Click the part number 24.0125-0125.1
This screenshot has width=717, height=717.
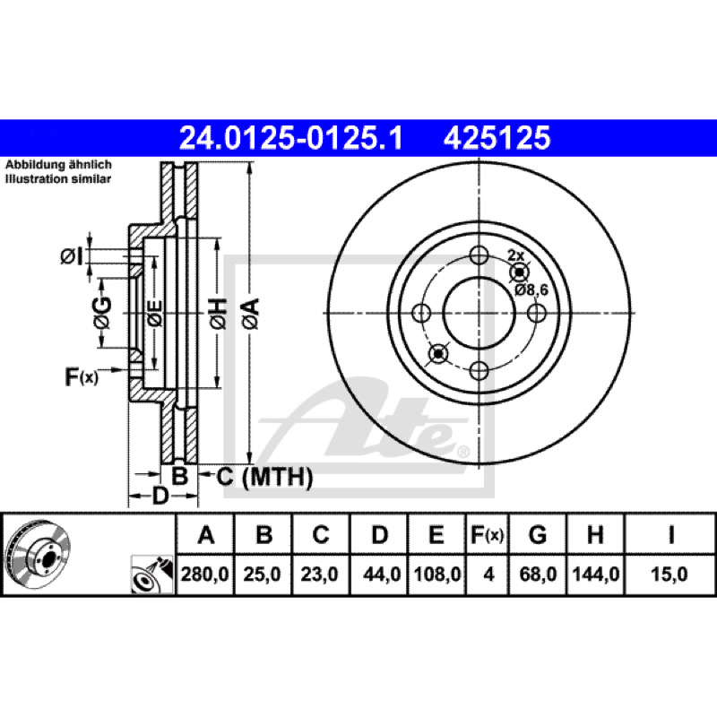pos(290,138)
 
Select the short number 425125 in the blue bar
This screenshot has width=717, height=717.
pos(497,138)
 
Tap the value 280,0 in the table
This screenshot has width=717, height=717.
pos(205,574)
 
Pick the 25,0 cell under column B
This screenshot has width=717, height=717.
pos(262,574)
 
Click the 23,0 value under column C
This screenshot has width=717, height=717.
pos(320,574)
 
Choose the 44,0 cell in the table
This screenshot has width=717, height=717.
pos(382,574)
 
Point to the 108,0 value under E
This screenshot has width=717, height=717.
pos(437,574)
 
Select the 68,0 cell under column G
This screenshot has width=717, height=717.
pos(539,574)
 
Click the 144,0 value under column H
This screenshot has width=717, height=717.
pos(596,574)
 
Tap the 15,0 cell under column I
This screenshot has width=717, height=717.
pos(669,574)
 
